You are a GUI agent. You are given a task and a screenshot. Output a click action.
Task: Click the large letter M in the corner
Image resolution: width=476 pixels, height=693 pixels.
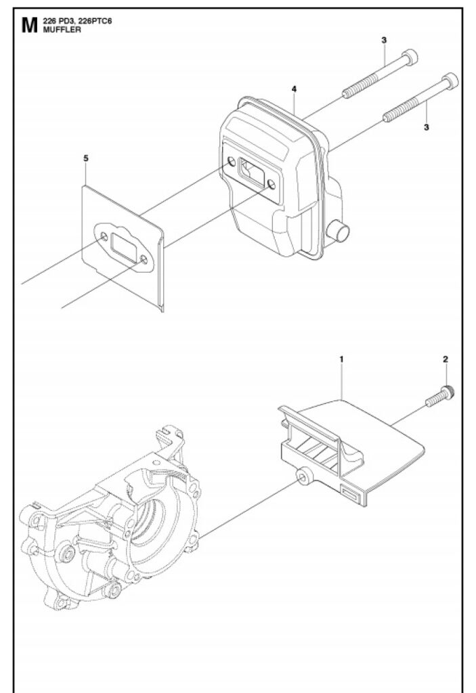(30, 26)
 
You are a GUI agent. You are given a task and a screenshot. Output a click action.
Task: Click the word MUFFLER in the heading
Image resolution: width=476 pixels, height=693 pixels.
(62, 30)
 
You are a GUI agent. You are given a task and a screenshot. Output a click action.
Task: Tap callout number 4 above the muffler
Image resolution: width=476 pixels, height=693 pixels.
(294, 89)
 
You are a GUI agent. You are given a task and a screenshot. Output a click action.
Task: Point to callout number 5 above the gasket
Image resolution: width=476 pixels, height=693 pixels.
(86, 158)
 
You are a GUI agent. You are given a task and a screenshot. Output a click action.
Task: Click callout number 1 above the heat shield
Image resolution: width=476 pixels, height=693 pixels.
(341, 359)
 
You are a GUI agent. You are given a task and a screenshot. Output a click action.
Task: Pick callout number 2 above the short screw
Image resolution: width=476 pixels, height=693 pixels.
(445, 359)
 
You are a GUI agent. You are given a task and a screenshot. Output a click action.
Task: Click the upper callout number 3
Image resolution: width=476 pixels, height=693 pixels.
(383, 40)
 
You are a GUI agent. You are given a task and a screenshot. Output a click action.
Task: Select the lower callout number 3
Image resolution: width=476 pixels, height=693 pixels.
(426, 127)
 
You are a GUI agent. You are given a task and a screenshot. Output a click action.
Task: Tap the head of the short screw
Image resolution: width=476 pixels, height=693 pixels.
(448, 393)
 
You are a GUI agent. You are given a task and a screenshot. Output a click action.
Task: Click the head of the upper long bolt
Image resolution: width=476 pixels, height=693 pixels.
(411, 57)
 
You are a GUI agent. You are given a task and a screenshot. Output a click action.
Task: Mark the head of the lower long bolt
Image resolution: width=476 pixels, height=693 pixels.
(450, 81)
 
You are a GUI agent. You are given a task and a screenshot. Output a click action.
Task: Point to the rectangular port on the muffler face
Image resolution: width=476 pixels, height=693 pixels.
(251, 173)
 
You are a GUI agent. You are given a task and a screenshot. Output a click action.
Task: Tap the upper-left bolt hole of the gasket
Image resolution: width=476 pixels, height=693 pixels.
(104, 236)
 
